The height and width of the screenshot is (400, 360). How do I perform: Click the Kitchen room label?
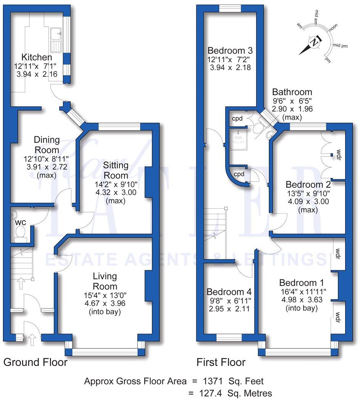tap(37, 57)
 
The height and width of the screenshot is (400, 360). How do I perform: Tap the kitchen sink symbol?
tap(56, 40)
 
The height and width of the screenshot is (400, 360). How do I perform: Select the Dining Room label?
tap(47, 145)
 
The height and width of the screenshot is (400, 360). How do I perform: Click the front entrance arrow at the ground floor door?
tap(33, 339)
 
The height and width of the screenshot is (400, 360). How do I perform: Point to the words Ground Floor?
tap(35, 362)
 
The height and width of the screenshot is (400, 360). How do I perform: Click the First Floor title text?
tap(221, 362)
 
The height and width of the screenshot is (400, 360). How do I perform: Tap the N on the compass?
tap(314, 43)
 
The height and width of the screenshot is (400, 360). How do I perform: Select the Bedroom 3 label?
tap(230, 50)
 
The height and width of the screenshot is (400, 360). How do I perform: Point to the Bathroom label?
tap(292, 92)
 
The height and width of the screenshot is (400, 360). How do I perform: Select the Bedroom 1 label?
tap(301, 283)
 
